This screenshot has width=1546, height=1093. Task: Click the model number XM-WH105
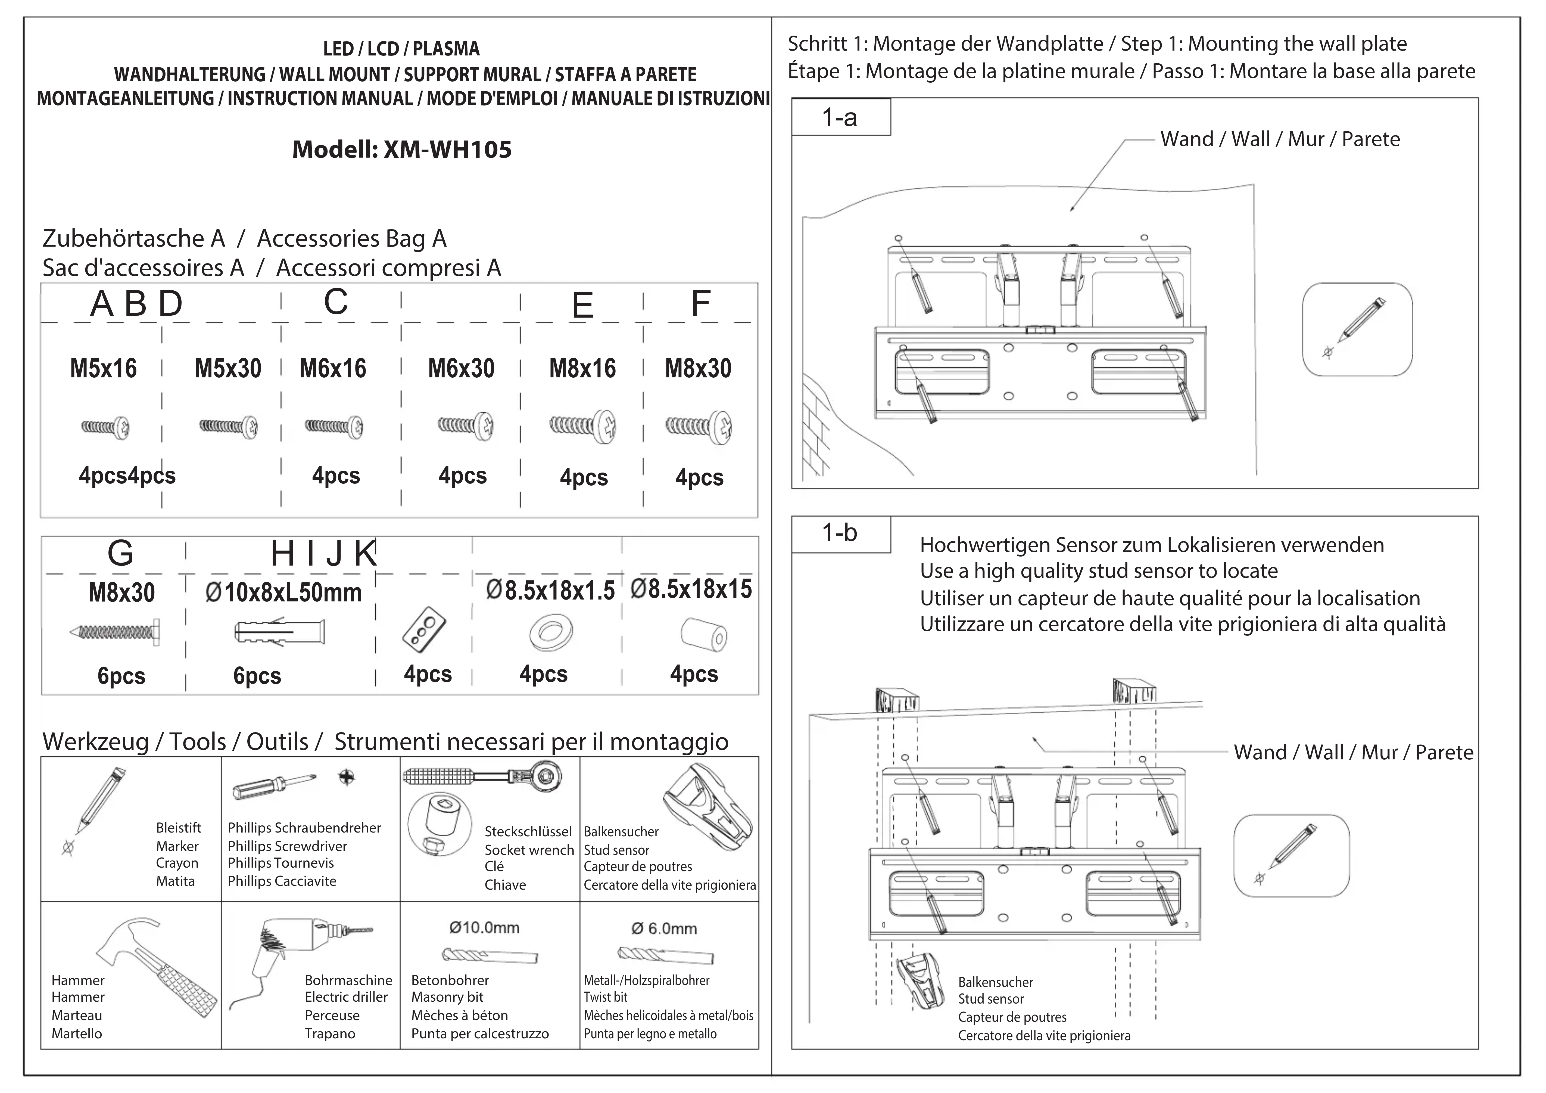point(447,150)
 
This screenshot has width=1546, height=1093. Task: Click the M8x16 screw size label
point(582,368)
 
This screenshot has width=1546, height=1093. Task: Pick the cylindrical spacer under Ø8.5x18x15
point(704,635)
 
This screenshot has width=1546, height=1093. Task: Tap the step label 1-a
point(840,118)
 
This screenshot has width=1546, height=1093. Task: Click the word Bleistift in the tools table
point(178,828)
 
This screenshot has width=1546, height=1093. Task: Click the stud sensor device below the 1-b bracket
point(921,980)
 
